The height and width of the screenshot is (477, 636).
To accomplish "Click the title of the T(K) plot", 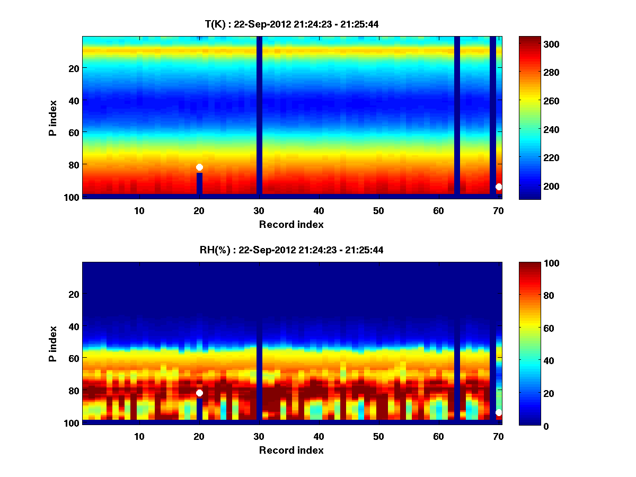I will tap(291, 24).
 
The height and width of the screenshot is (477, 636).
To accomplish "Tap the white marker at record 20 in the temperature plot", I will tap(199, 167).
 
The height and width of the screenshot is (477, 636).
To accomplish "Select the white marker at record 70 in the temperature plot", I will tap(499, 187).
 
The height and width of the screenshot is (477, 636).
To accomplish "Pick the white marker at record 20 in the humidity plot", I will tap(199, 393).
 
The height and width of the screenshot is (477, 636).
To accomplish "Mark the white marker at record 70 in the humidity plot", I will tap(499, 412).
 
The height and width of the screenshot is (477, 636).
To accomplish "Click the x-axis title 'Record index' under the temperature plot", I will tap(291, 224).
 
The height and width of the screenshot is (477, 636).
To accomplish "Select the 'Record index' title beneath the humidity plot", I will tap(291, 450).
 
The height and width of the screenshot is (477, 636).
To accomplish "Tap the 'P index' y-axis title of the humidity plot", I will tap(53, 343).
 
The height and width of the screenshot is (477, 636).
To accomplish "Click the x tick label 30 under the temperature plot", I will tap(259, 210).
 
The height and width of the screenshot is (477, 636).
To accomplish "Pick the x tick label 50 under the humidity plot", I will tap(378, 436).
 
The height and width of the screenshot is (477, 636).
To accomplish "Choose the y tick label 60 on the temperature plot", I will tap(73, 132).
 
